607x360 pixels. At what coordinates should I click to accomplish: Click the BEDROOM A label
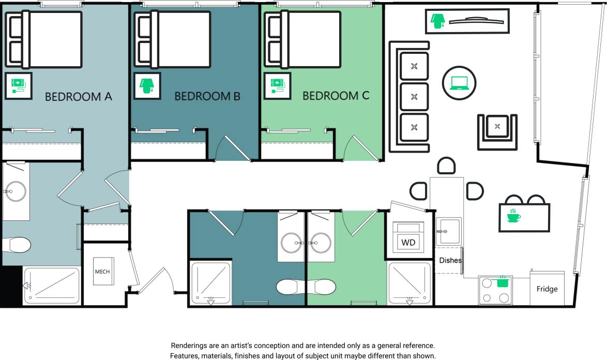[x=79, y=97]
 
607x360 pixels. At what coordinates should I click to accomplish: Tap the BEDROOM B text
[x=207, y=96]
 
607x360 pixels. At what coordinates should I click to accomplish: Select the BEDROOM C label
[x=336, y=96]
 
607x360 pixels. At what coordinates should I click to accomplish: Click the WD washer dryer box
[x=408, y=242]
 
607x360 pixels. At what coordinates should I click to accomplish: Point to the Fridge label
[x=547, y=289]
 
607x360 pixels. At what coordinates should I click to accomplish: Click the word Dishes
[x=450, y=260]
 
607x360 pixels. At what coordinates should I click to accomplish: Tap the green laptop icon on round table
[x=459, y=83]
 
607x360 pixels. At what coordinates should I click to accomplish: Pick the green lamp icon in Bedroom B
[x=147, y=85]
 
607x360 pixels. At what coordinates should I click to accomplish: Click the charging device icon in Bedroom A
[x=18, y=85]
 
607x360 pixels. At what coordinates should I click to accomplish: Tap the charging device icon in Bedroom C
[x=277, y=85]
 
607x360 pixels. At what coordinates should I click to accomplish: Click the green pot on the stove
[x=502, y=282]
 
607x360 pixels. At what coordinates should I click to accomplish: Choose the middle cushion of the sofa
[x=414, y=96]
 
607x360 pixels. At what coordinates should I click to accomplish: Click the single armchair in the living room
[x=497, y=127]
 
